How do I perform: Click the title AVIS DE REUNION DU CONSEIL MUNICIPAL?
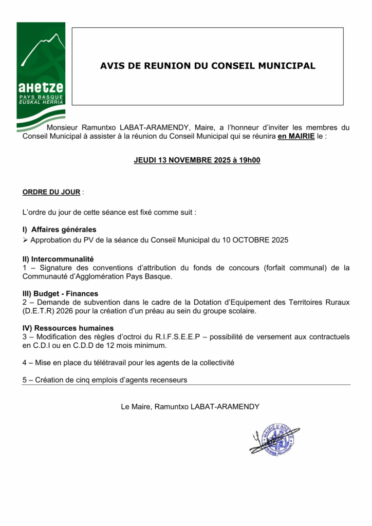(x=208, y=66)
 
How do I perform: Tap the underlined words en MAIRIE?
(x=296, y=136)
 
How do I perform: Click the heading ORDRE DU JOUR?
(x=51, y=192)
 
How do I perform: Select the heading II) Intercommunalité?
(x=58, y=259)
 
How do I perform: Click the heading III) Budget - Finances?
(x=60, y=294)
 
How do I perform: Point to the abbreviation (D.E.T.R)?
(x=39, y=311)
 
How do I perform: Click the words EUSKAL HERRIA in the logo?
(x=41, y=102)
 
